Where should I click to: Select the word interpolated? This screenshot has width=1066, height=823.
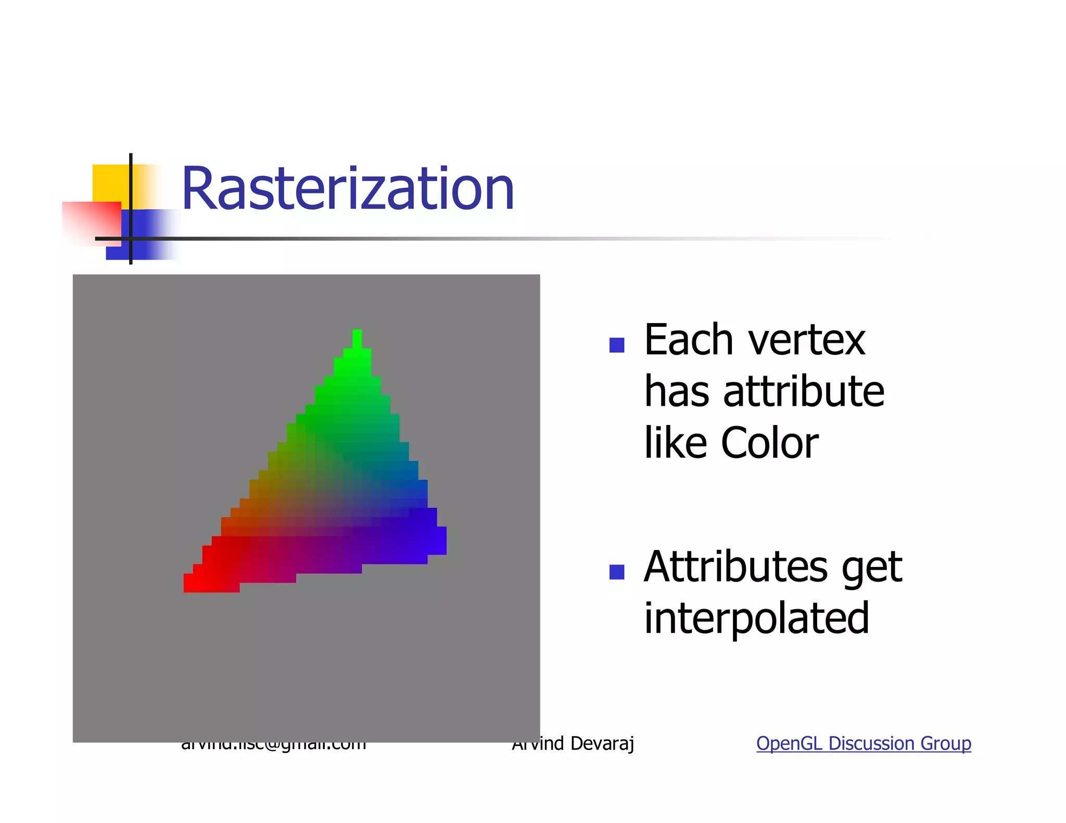coord(756,619)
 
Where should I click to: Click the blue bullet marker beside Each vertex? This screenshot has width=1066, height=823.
coord(617,345)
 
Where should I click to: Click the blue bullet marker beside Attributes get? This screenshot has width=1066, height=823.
coord(617,572)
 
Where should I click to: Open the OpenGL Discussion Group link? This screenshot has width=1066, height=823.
coord(864,743)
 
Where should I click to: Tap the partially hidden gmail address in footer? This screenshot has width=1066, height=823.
coord(273,746)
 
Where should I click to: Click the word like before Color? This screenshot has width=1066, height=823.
coord(675,443)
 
